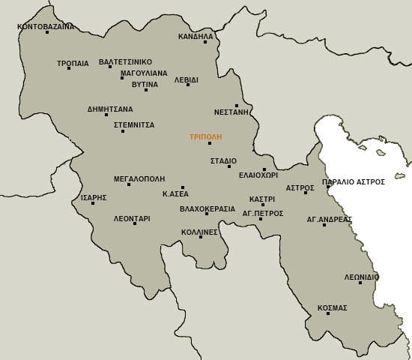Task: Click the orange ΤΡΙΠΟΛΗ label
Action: click(x=205, y=137)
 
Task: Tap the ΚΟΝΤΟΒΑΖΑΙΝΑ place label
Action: click(x=46, y=26)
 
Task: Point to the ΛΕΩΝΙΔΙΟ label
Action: click(x=361, y=277)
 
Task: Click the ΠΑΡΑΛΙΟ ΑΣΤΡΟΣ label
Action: click(x=353, y=181)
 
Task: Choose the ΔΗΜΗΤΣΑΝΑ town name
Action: click(x=110, y=109)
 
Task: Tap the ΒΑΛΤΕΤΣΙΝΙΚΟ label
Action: click(x=125, y=61)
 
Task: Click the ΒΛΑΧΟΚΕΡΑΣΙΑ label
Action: click(x=207, y=208)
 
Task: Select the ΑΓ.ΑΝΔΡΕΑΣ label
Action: click(x=329, y=220)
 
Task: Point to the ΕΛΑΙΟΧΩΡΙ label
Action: click(x=258, y=175)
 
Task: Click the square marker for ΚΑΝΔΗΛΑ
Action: click(x=205, y=42)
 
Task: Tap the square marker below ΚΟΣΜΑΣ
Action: click(x=328, y=313)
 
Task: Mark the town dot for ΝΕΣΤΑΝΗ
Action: click(x=237, y=106)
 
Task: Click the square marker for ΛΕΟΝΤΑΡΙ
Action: click(x=135, y=223)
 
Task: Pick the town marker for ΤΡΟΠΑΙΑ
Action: click(x=68, y=68)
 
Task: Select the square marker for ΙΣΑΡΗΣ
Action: click(x=93, y=203)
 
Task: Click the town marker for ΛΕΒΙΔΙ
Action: click(x=187, y=85)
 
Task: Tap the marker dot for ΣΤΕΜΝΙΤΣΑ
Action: click(x=123, y=131)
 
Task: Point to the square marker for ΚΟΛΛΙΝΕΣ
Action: click(x=201, y=237)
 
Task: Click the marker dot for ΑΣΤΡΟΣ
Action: click(x=306, y=193)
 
